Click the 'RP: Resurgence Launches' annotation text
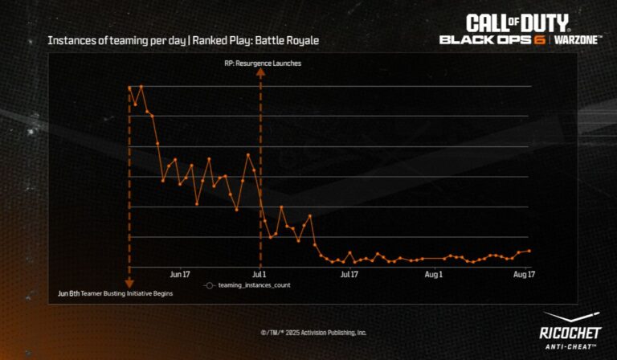[x=263, y=63]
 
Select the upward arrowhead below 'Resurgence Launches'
[x=259, y=73]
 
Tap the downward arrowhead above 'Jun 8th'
[x=129, y=281]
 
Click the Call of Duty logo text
[x=517, y=22]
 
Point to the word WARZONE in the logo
[x=578, y=40]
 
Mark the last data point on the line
[x=529, y=251]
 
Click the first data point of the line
[x=129, y=87]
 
